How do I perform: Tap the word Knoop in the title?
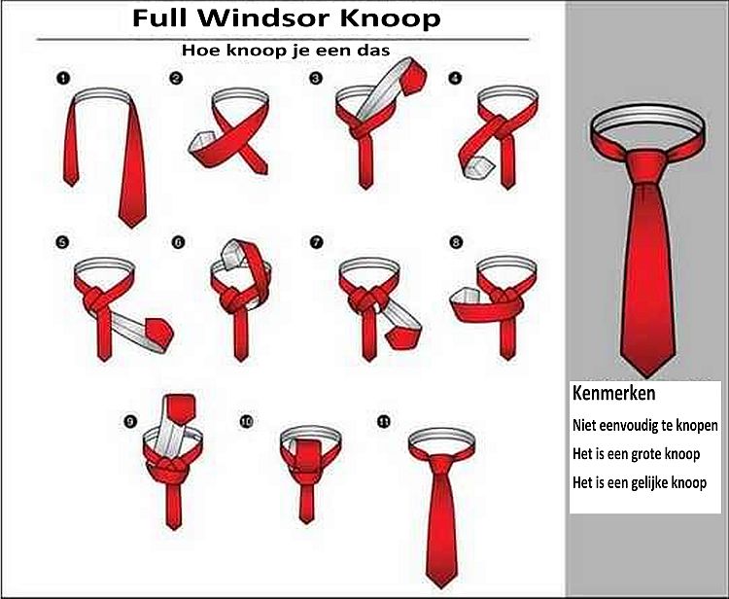pos(391,19)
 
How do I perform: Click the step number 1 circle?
pos(63,78)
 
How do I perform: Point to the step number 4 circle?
pos(454,78)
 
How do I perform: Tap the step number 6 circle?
pos(179,242)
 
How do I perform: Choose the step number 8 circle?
pos(456,242)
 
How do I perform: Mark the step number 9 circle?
pos(130,421)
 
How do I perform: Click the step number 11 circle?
pos(384,421)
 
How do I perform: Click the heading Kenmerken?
pos(613,393)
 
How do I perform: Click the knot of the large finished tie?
pos(647,167)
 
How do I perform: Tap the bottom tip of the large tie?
pos(646,376)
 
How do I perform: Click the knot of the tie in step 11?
pos(441,464)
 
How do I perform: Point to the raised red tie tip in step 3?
pos(413,77)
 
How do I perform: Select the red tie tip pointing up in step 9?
pos(181,409)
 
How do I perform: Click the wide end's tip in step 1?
pos(132,227)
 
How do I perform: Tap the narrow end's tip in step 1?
pos(71,185)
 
